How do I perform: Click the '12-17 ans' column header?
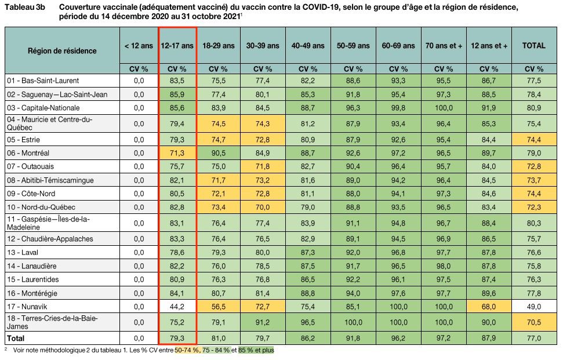tap(177, 45)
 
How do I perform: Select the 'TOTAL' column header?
tap(533, 45)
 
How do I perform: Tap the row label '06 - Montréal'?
tap(28, 153)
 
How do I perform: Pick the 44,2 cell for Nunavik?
tap(177, 307)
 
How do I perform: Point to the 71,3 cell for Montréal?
tap(177, 153)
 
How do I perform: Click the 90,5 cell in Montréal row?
tap(219, 153)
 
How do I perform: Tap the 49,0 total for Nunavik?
tap(533, 307)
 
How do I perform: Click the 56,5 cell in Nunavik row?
tap(219, 307)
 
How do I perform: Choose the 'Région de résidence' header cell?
tap(62, 50)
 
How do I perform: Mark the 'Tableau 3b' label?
tap(24, 8)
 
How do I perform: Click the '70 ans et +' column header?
tap(444, 45)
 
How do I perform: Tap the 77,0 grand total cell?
tap(533, 337)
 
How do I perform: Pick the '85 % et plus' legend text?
tap(256, 350)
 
